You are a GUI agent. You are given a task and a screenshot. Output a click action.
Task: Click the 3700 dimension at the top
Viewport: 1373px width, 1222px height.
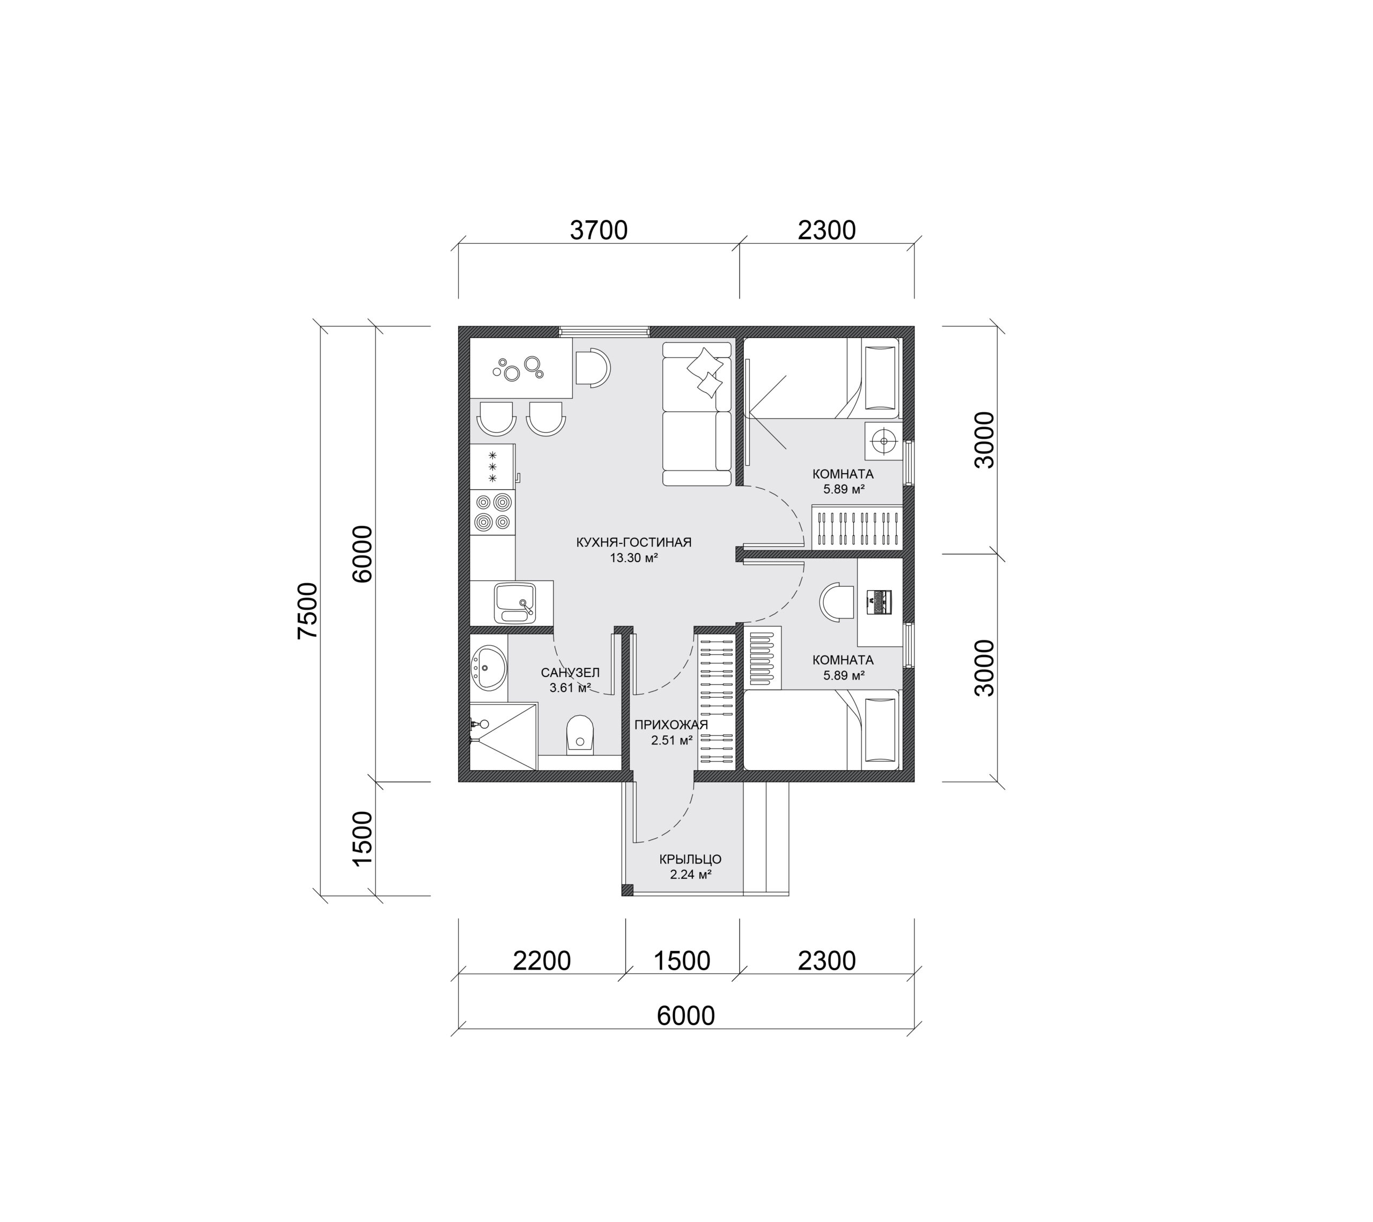coord(599,230)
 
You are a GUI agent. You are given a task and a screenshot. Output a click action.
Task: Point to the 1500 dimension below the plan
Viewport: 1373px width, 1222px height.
coord(682,961)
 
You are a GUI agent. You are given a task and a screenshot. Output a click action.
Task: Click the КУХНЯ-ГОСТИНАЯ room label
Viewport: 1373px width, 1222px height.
coord(633,542)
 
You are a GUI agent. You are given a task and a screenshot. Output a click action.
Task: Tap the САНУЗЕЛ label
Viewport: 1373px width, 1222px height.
coord(570,673)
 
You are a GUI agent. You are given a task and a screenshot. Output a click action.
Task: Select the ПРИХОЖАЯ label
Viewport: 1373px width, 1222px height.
coord(671,725)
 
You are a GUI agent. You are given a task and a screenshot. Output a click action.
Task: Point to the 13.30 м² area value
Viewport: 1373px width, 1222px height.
coord(633,558)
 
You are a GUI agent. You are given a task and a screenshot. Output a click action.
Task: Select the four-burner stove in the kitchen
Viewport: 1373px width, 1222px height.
coord(492,512)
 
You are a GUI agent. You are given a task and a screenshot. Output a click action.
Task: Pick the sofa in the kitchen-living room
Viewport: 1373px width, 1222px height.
coord(697,414)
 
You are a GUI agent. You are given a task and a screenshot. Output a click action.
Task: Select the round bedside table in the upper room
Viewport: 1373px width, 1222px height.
coord(883,441)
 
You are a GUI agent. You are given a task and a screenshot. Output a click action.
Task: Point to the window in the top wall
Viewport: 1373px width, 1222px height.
coord(604,331)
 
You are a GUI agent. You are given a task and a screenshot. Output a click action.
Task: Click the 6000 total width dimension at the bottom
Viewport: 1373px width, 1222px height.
coord(686,1016)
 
